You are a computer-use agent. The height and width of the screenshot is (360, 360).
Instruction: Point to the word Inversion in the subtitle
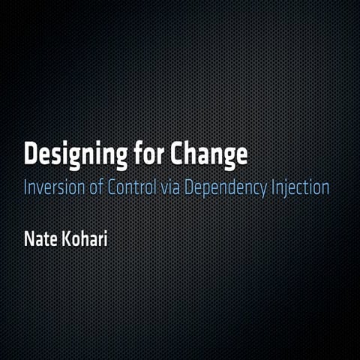click(x=53, y=187)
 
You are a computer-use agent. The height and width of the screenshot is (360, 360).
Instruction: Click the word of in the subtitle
click(x=96, y=187)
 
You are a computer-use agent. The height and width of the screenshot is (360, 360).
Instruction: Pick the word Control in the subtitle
click(x=132, y=187)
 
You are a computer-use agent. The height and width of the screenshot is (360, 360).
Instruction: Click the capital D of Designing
click(x=31, y=154)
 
